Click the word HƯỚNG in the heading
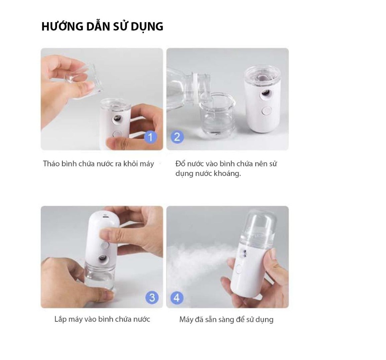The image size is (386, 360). (62, 27)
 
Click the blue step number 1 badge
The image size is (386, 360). (150, 137)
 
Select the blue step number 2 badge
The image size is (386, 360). (177, 137)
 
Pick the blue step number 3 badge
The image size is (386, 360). (152, 297)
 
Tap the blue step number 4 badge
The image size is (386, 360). (177, 298)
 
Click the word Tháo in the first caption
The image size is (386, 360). (51, 164)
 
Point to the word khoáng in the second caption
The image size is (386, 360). (227, 174)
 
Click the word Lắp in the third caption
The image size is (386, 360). (61, 320)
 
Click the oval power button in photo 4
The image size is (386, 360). (239, 269)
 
